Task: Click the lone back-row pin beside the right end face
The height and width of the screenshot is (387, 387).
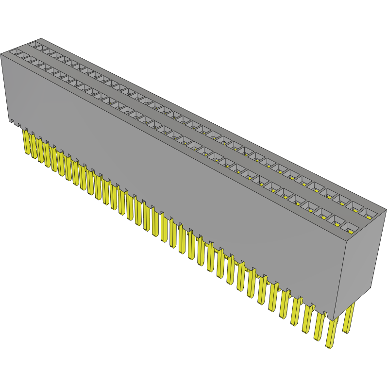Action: (348, 318)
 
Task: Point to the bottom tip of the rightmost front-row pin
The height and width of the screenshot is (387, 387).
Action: (329, 346)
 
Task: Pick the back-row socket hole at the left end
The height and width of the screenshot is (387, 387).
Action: (35, 45)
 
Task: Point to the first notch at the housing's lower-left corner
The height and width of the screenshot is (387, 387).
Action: (12, 121)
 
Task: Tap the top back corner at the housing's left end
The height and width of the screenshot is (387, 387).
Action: (42, 38)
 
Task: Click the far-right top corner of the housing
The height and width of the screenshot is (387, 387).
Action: (386, 210)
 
